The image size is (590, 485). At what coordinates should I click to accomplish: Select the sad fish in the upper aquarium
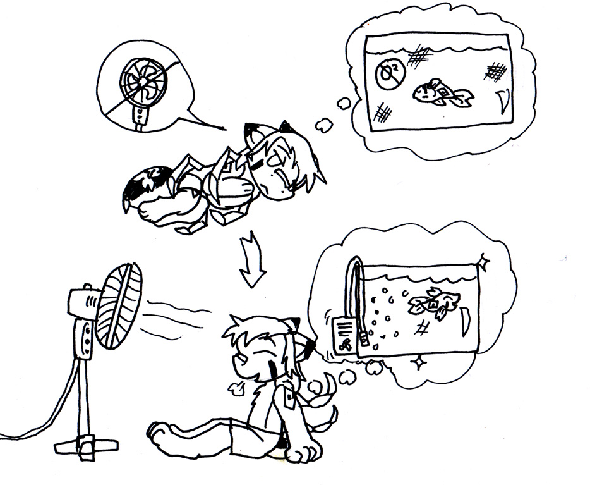pos(442,92)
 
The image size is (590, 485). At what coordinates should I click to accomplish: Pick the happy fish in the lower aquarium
pos(435,302)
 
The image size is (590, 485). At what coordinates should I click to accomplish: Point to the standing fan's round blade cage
pos(119,305)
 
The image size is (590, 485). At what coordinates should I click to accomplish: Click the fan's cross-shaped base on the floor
pos(86,446)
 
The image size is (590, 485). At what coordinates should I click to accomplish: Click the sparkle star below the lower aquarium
pos(418,362)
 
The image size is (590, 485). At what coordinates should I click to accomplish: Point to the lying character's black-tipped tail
pos(145,185)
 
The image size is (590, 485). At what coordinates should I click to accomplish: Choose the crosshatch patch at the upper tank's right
pos(495,71)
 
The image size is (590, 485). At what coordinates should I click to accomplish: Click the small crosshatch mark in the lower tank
pos(421,328)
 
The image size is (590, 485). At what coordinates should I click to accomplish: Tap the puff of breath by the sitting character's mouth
pos(236,389)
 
